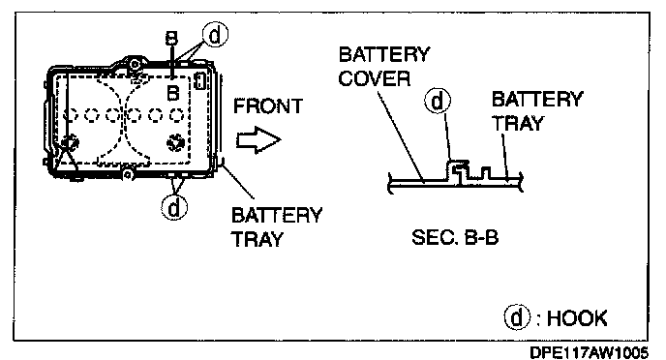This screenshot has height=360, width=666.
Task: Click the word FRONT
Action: [x=268, y=106]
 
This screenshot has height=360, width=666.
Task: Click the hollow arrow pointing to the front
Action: [x=258, y=139]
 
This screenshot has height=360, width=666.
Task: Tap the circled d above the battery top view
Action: [x=215, y=35]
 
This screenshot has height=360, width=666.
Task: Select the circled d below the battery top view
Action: [x=174, y=208]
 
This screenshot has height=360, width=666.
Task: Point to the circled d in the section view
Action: [x=438, y=102]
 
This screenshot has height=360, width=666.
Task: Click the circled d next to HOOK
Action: [x=517, y=317]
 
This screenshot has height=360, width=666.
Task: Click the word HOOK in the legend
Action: [x=577, y=318]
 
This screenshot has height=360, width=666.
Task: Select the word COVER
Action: [x=375, y=78]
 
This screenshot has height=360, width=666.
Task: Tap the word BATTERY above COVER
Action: [x=384, y=54]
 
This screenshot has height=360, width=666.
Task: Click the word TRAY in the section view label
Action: [x=518, y=124]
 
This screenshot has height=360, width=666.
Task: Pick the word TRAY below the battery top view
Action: [x=257, y=239]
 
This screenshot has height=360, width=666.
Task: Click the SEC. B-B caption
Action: [x=455, y=237]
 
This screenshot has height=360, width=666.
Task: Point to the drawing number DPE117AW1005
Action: [x=590, y=352]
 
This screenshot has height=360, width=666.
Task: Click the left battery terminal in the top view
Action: [x=69, y=142]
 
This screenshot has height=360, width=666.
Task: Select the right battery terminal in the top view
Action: [x=175, y=142]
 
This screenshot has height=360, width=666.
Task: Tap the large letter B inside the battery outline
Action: [x=173, y=93]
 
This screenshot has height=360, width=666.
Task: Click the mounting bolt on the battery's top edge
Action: [x=135, y=65]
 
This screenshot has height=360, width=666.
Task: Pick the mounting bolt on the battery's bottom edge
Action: [x=127, y=174]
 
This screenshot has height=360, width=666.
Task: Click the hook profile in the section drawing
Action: [x=458, y=169]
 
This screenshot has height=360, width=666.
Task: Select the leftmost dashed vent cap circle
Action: [x=71, y=114]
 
